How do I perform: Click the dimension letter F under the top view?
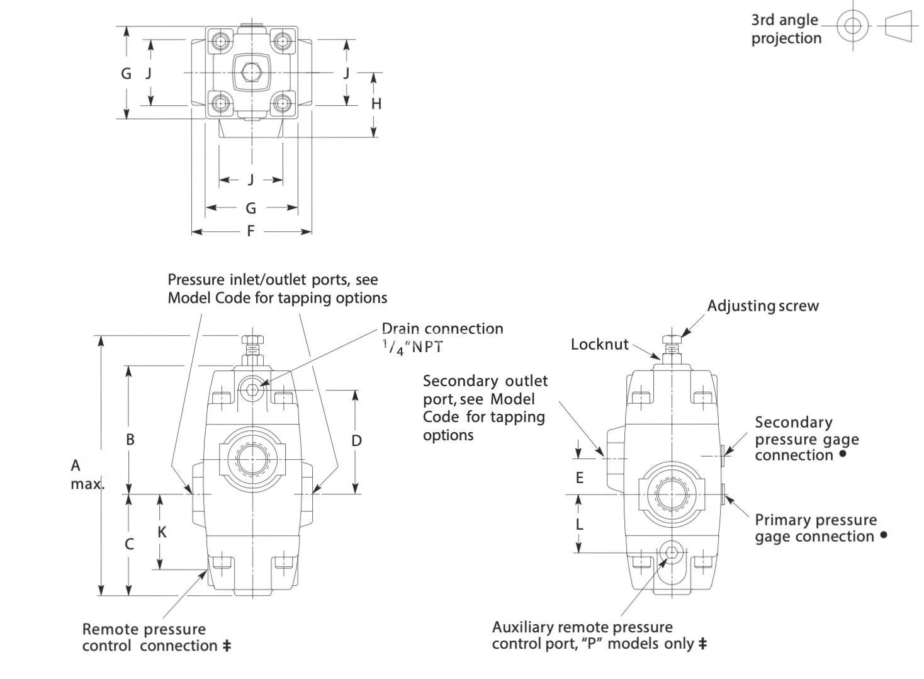[251, 231]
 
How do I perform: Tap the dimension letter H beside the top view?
[376, 104]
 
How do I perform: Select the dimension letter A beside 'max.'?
[76, 465]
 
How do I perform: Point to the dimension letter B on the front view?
[130, 439]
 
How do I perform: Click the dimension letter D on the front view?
[356, 440]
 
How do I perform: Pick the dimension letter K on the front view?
[162, 532]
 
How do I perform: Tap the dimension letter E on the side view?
[580, 477]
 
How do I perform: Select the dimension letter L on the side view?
[580, 524]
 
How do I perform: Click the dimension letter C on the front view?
[129, 544]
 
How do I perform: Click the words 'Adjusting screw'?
[763, 306]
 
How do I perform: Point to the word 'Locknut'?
[599, 344]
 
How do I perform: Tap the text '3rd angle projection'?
[786, 29]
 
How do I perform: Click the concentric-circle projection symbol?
[853, 26]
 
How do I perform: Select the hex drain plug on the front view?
[253, 389]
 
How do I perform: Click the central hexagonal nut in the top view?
[252, 73]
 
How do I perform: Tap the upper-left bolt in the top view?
[220, 41]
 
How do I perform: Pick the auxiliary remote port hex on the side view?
[672, 553]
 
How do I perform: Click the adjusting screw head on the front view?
[252, 341]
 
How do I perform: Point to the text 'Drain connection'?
[442, 329]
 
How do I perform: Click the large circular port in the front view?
[253, 459]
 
